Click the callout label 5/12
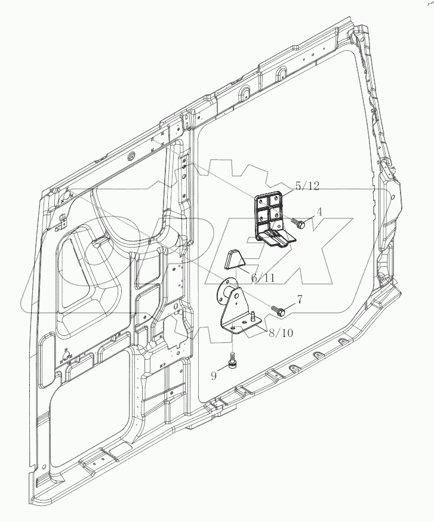306,186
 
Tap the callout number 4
319,211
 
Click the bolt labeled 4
298,224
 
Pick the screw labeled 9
233,362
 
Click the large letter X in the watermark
316,254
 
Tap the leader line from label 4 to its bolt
310,218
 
